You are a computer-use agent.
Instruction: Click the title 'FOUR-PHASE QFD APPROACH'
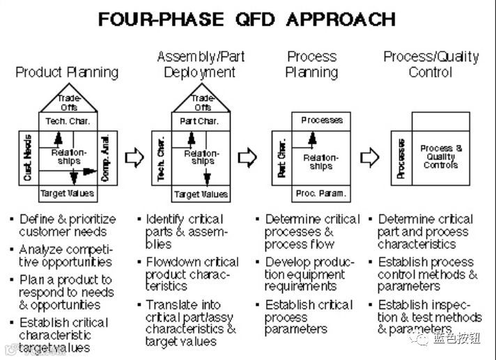247,19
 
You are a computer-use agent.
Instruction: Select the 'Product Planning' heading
67,72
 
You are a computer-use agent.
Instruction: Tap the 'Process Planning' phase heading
312,64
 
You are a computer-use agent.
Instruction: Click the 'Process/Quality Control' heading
431,64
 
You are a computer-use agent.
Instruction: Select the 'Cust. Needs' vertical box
28,157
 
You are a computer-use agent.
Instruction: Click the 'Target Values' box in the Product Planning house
67,193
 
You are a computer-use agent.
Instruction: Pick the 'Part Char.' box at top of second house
201,121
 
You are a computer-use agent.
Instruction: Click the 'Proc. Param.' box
320,193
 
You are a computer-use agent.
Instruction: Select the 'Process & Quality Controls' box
441,157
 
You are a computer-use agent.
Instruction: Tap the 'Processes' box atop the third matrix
322,120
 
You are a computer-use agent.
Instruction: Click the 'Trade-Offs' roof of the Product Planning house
68,103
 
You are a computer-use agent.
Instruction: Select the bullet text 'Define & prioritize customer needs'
63,225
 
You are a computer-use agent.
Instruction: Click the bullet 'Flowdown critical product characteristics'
192,274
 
